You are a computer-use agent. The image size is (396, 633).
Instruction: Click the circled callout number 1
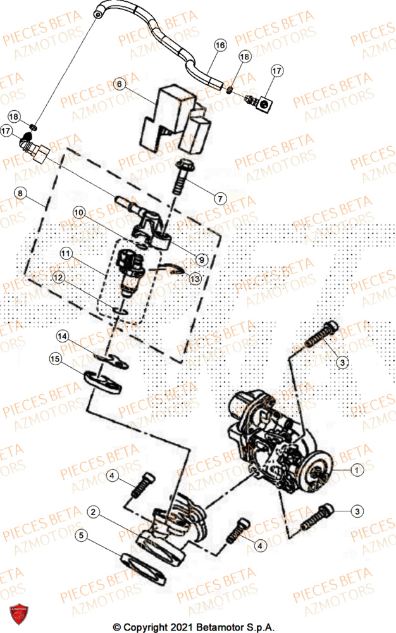pyautogui.click(x=357, y=470)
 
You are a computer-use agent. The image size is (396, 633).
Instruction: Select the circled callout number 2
pyautogui.click(x=93, y=511)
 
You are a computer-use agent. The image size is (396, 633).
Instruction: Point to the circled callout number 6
pyautogui.click(x=120, y=83)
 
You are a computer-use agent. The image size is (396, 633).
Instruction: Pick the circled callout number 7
pyautogui.click(x=219, y=198)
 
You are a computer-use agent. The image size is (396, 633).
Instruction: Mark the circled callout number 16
pyautogui.click(x=220, y=46)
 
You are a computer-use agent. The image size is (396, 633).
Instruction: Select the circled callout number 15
pyautogui.click(x=55, y=359)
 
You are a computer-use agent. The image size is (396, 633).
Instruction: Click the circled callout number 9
pyautogui.click(x=201, y=258)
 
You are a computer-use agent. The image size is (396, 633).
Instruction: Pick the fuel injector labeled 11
pyautogui.click(x=128, y=272)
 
